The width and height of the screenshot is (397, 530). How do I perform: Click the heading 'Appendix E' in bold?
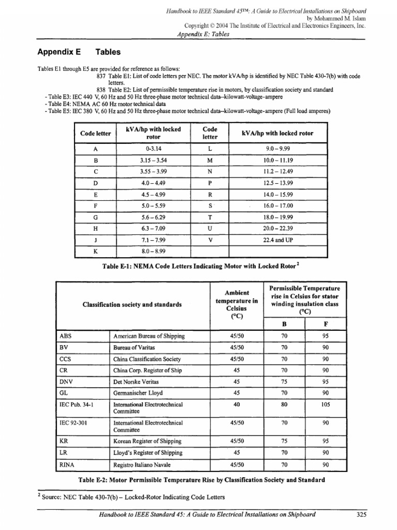pos(56,52)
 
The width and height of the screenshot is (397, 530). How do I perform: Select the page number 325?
pos(361,514)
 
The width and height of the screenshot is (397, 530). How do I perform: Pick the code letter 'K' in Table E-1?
pos(96,252)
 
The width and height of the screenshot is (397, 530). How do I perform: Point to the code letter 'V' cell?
pos(209,240)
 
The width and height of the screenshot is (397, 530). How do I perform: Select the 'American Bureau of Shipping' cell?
pos(149,336)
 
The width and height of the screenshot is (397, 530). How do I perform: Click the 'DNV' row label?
pos(66,381)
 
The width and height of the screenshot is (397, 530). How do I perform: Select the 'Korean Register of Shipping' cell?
pos(147,441)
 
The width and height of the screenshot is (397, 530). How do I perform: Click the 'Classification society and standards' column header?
pos(132,305)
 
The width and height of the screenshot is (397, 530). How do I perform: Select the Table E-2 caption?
pos(202,480)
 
